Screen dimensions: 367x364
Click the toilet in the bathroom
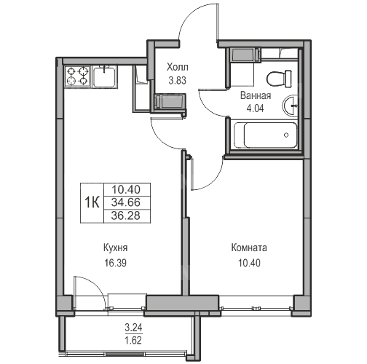[x=279, y=79]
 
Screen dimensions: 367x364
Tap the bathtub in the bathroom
[x=266, y=135]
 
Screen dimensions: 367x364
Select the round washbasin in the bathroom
[x=291, y=106]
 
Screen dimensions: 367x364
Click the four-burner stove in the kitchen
[x=78, y=76]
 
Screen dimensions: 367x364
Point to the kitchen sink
[x=105, y=76]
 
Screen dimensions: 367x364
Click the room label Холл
[x=177, y=67]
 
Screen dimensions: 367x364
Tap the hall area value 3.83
[x=178, y=80]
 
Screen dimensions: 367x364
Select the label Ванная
[x=256, y=95]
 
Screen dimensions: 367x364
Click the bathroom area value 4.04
[x=255, y=108]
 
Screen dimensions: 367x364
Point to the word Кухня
[x=116, y=248]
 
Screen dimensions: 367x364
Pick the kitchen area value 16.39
[x=116, y=263]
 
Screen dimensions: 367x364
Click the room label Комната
[x=249, y=248]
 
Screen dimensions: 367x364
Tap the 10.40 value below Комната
[x=249, y=263]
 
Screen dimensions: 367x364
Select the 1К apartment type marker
[x=92, y=202]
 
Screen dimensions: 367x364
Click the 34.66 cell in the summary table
[x=126, y=202]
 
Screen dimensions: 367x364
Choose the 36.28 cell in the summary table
[x=126, y=215]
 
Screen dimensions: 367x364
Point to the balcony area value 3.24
[x=133, y=328]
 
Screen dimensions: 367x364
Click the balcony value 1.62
[x=133, y=340]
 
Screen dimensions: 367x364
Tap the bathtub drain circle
[x=286, y=135]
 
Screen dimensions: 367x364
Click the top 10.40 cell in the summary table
[x=126, y=189]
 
